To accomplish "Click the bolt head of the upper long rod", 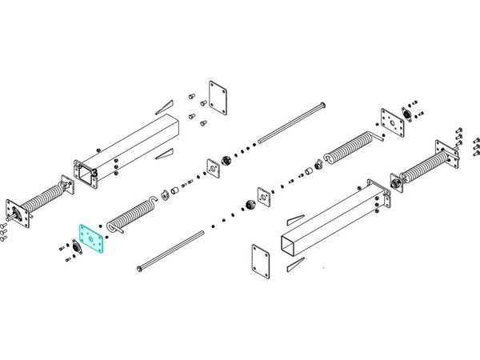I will [321, 106].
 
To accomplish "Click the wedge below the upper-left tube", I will [166, 152].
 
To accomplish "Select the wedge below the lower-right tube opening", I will [295, 263].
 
